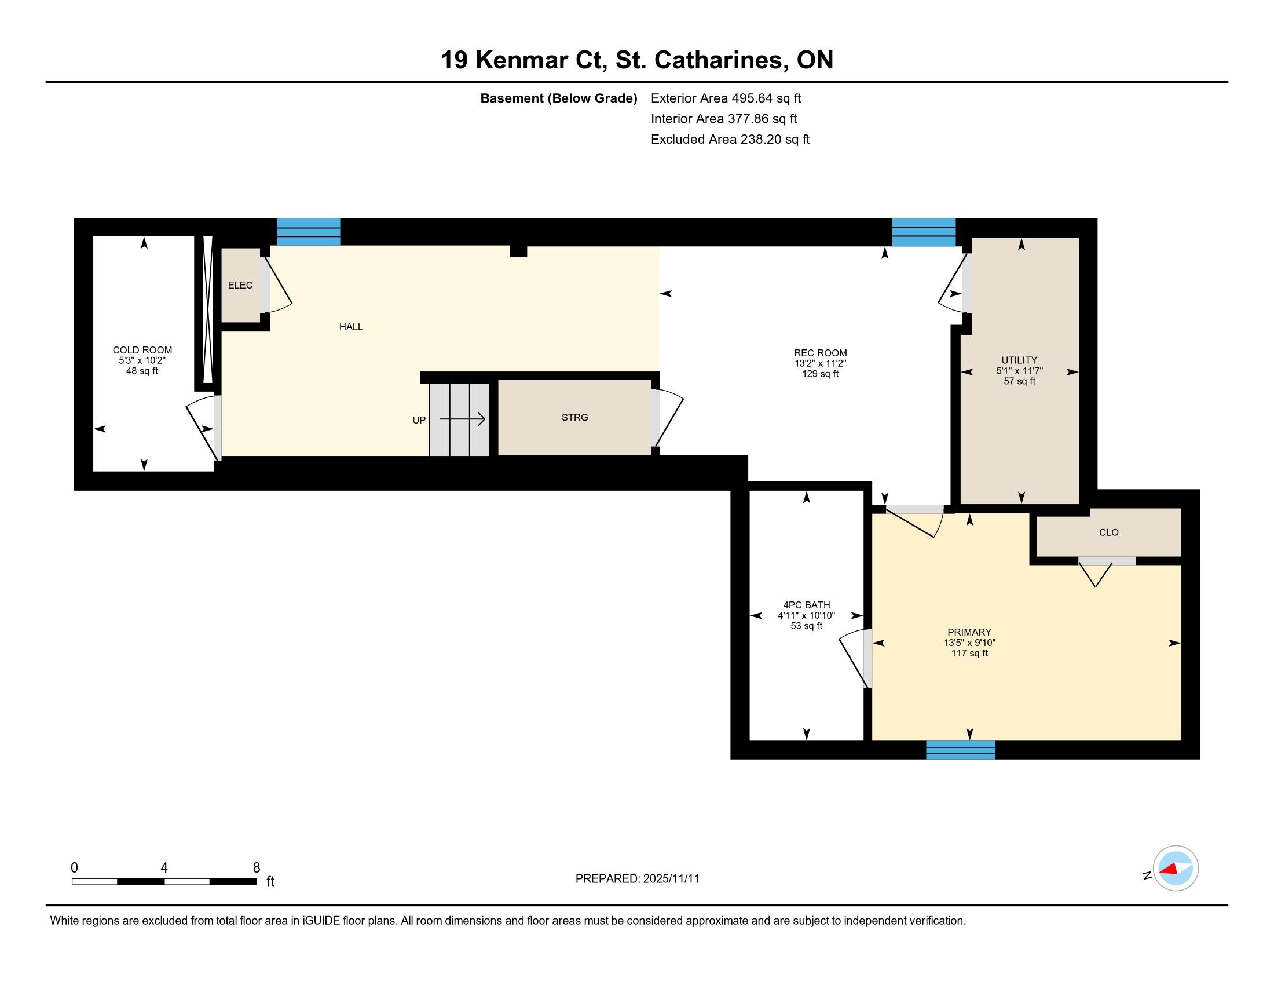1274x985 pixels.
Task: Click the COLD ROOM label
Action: pyautogui.click(x=142, y=350)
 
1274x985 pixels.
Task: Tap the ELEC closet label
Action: pyautogui.click(x=240, y=285)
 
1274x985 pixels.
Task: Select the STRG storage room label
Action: pyautogui.click(x=574, y=417)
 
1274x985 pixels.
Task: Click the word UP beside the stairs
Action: pyautogui.click(x=419, y=420)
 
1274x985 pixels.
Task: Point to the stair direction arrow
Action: pyautogui.click(x=462, y=419)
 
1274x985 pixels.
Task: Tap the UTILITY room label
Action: pyautogui.click(x=1019, y=360)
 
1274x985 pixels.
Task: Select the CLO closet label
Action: pyautogui.click(x=1108, y=532)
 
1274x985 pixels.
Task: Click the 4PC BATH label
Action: pyautogui.click(x=806, y=605)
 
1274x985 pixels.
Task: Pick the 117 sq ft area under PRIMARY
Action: pyautogui.click(x=969, y=653)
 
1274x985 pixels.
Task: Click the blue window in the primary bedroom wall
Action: pyautogui.click(x=961, y=750)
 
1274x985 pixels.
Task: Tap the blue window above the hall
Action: pyautogui.click(x=308, y=232)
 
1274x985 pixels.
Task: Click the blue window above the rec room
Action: pyautogui.click(x=924, y=232)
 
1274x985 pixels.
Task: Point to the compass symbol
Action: pyautogui.click(x=1176, y=869)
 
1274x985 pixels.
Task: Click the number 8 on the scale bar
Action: pyautogui.click(x=256, y=868)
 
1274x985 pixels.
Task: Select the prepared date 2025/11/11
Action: pyautogui.click(x=671, y=879)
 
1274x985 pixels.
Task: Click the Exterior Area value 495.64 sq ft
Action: pyautogui.click(x=767, y=99)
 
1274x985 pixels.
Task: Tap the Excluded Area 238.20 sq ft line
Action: pyautogui.click(x=730, y=140)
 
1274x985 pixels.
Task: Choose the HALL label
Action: pyautogui.click(x=351, y=327)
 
